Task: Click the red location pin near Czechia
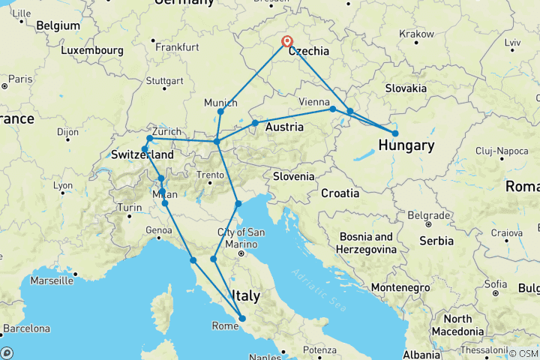[x=286, y=41]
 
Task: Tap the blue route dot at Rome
[x=242, y=319]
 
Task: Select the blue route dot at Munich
[x=220, y=112]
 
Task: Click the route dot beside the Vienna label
[x=333, y=109]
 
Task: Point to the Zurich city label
[x=166, y=131]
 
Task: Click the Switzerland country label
[x=142, y=154]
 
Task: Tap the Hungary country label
[x=406, y=145]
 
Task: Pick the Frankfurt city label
[x=178, y=46]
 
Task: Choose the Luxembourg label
[x=92, y=51]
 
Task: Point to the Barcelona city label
[x=25, y=328]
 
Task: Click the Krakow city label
[x=416, y=34]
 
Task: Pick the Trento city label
[x=210, y=175]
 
